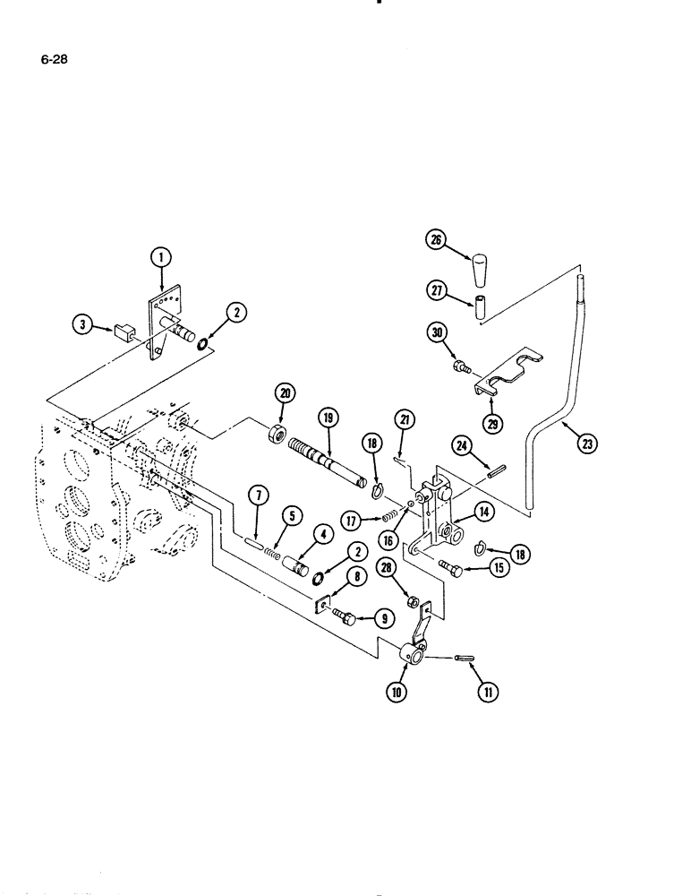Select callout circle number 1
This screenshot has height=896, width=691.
click(x=160, y=258)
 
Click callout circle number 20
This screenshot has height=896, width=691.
click(x=286, y=392)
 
